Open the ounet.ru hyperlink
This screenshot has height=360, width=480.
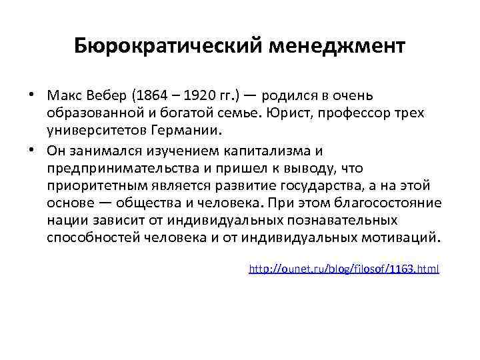[x=343, y=269]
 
